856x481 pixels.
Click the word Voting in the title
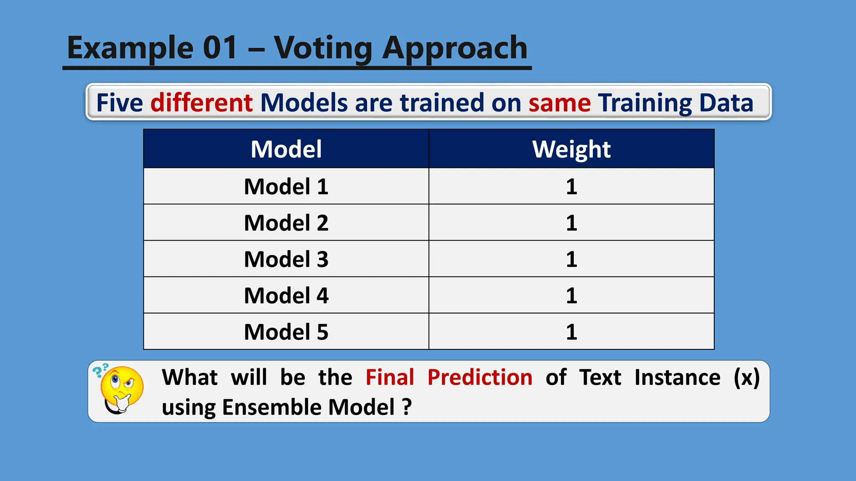(323, 48)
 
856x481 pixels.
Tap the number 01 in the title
(220, 48)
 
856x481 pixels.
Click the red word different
(201, 103)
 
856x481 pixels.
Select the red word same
(560, 103)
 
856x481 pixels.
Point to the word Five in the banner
(120, 103)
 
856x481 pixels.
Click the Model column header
(286, 149)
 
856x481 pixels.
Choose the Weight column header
(571, 149)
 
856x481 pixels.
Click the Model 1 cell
(286, 186)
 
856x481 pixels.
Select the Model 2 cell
(286, 223)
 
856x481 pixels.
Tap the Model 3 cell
(286, 259)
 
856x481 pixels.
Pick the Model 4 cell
(286, 295)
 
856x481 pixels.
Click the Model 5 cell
(286, 332)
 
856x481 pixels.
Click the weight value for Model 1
(571, 186)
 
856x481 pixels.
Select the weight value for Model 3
(571, 259)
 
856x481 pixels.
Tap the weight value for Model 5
(571, 332)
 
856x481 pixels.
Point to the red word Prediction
(480, 377)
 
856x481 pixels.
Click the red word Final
(390, 377)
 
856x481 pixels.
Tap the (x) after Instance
(746, 377)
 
